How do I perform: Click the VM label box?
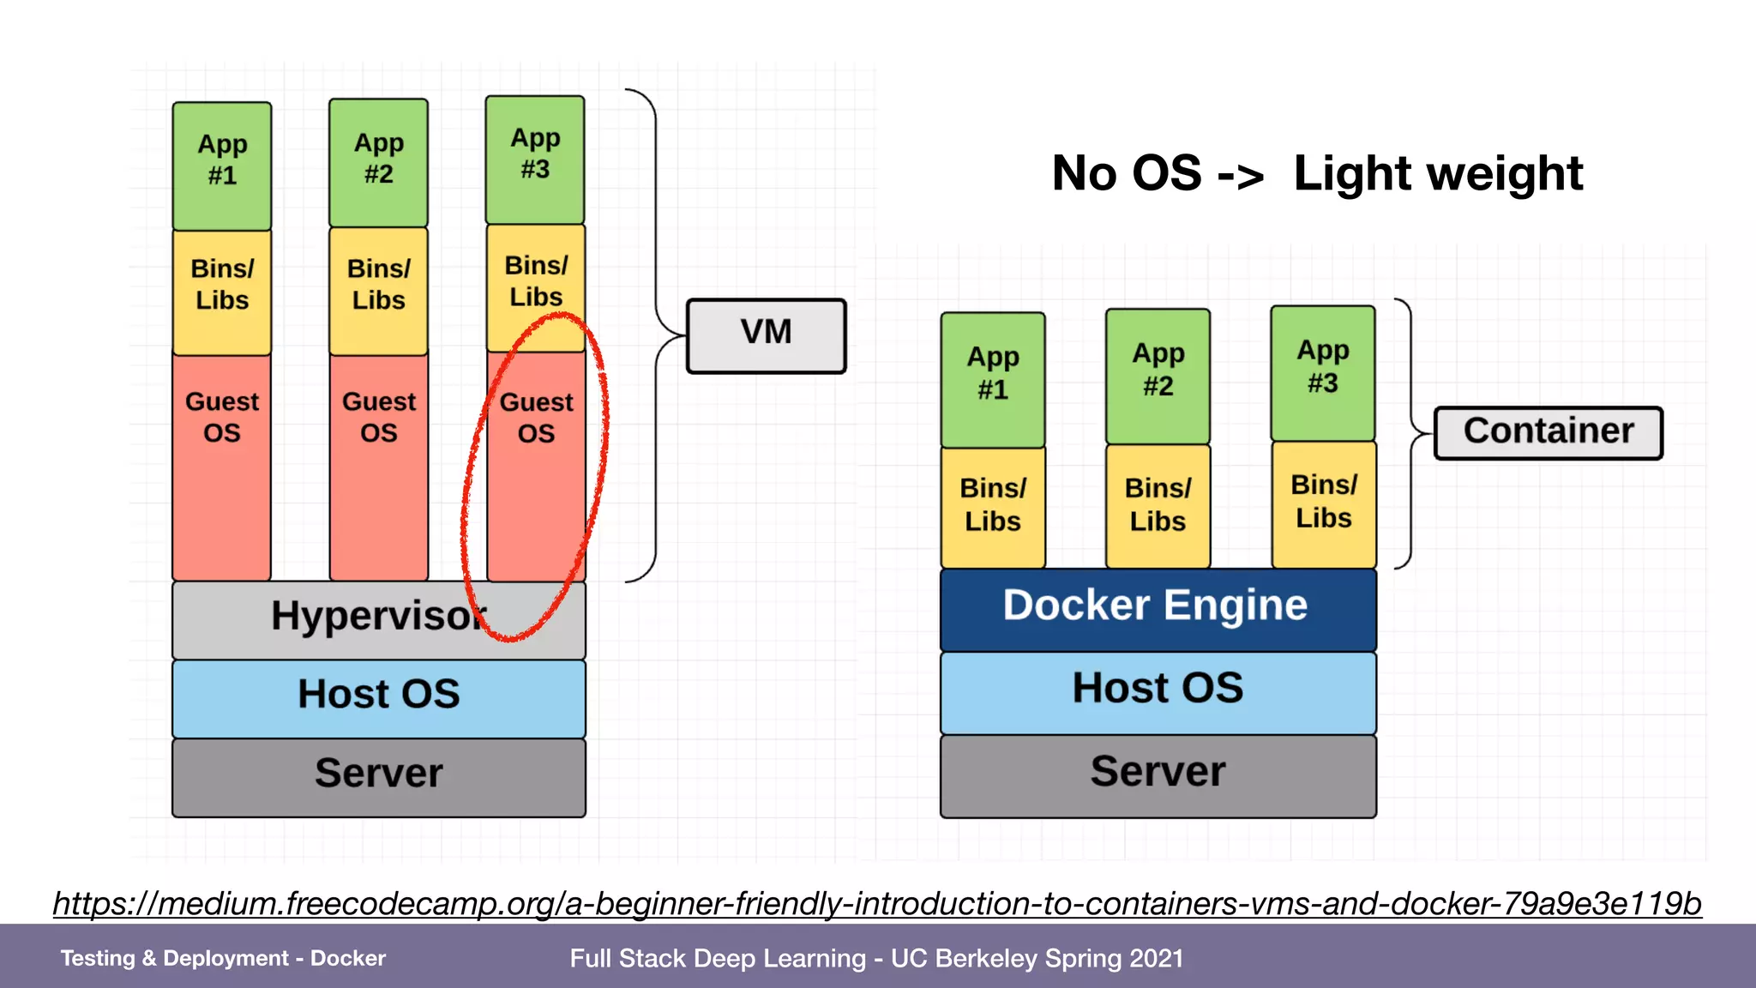point(766,335)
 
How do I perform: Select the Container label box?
point(1548,433)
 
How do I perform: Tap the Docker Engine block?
point(1158,608)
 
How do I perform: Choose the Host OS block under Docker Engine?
point(1158,691)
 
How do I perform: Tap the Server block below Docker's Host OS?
point(1158,774)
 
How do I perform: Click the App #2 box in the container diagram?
point(1158,375)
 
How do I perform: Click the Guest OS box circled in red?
point(536,463)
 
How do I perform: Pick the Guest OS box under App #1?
point(222,463)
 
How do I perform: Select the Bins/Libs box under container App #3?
point(1323,503)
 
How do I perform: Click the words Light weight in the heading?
point(1437,174)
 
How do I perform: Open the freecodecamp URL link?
point(876,903)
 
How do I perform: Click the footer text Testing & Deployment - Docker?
point(223,958)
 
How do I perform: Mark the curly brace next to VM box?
point(656,335)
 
